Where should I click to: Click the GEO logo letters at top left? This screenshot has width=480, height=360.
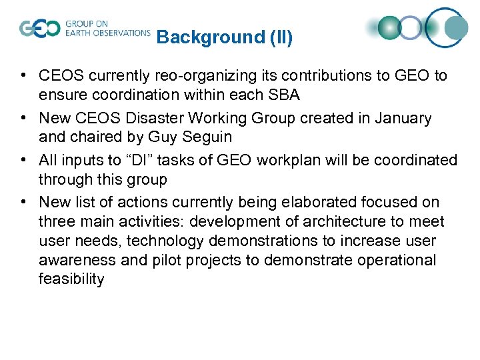coord(39,29)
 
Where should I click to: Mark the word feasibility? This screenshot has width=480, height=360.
coord(71,279)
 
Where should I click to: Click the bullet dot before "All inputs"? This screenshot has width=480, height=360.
coord(23,161)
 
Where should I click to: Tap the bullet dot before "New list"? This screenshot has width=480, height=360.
coord(23,203)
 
